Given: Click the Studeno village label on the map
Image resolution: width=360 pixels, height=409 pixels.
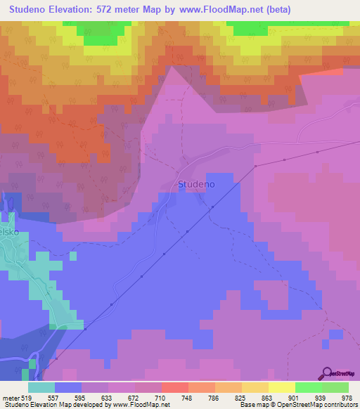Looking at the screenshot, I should coord(196,184).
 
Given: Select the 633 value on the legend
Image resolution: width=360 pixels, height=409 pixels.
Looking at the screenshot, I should coord(95,398).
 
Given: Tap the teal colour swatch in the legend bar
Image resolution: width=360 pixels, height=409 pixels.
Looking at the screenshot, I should coord(41,387).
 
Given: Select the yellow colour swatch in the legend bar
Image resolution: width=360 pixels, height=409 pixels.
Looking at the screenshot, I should coord(282,387).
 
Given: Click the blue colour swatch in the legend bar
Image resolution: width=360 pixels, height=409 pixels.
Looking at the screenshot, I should coord(68,387).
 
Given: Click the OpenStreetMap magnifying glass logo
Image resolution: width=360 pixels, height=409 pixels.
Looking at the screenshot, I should coord(326,374).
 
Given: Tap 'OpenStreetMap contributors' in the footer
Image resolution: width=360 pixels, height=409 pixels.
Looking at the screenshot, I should coord(324,405).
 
